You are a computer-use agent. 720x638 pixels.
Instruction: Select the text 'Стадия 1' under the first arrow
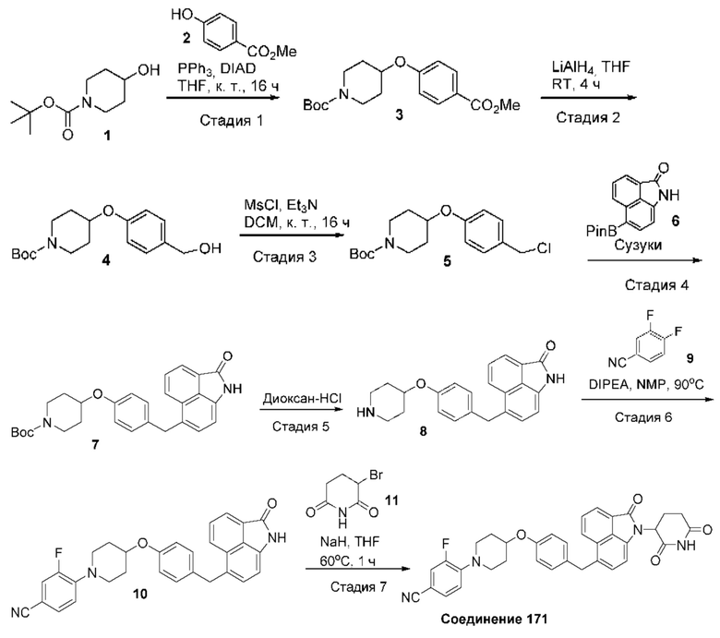(x=232, y=121)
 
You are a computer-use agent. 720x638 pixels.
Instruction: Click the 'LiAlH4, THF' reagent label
(x=591, y=68)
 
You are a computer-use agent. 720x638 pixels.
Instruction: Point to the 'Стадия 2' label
(x=588, y=117)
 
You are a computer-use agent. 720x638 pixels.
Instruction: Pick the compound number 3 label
(x=399, y=114)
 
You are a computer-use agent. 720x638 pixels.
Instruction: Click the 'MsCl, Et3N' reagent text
(x=281, y=205)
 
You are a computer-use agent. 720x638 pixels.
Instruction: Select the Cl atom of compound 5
(x=543, y=248)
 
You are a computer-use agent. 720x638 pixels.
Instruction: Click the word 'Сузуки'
(x=638, y=246)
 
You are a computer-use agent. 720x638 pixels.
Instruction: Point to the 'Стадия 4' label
(x=656, y=285)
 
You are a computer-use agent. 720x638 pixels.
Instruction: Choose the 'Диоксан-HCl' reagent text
(x=302, y=398)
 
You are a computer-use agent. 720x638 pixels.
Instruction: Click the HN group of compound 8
(x=366, y=414)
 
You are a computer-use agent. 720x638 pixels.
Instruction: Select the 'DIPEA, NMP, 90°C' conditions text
(x=646, y=384)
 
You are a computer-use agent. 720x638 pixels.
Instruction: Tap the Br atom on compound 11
(x=376, y=475)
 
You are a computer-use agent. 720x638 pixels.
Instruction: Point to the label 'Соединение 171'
(x=494, y=620)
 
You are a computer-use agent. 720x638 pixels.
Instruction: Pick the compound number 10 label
(x=140, y=594)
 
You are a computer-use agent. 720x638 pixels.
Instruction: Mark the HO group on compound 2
(x=181, y=15)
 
